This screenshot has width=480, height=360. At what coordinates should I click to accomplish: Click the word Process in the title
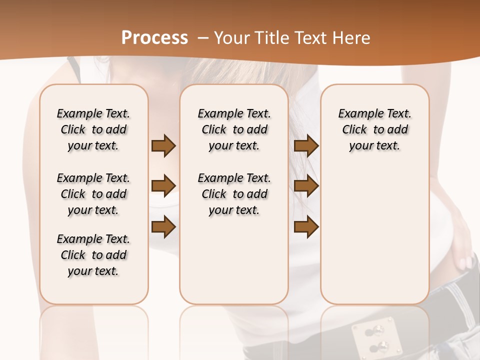click(x=154, y=38)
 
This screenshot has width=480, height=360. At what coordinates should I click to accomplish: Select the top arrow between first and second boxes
click(x=163, y=145)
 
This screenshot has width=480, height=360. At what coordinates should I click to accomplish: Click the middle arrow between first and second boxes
click(x=163, y=186)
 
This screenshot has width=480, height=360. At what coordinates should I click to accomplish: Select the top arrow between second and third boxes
click(x=306, y=145)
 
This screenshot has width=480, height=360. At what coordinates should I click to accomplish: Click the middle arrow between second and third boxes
click(x=306, y=186)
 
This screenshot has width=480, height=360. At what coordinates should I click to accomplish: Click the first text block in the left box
click(x=93, y=129)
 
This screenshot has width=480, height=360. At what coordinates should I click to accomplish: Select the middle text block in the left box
click(x=93, y=194)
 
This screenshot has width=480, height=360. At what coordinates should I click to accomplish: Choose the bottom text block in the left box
click(x=93, y=255)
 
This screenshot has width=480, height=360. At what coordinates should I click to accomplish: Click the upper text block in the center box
click(x=234, y=129)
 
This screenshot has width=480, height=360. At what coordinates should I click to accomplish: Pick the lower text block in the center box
click(x=234, y=194)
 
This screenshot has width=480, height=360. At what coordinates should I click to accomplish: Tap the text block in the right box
click(x=374, y=129)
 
